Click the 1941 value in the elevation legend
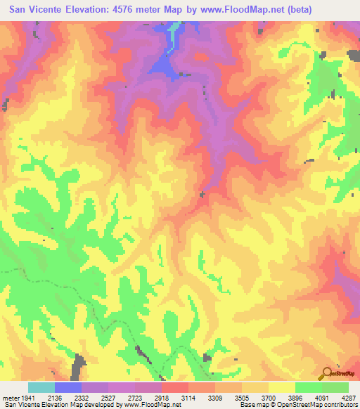27,398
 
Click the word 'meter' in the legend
10,398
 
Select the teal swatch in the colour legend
41,387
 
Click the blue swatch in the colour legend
67,387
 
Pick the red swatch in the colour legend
174,387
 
